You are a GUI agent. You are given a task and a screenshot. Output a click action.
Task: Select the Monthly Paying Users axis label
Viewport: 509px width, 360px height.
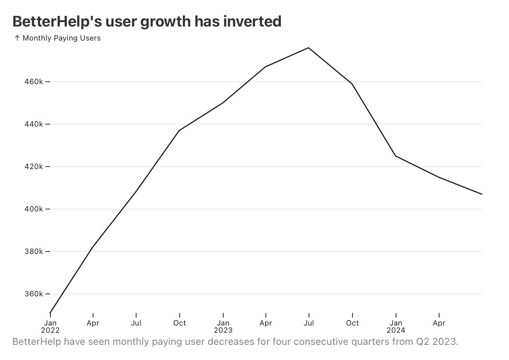coord(62,38)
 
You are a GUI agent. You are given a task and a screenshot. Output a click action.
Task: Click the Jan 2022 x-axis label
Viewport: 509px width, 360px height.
coord(50,326)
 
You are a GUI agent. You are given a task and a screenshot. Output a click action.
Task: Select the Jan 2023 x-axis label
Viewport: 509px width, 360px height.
coord(223,326)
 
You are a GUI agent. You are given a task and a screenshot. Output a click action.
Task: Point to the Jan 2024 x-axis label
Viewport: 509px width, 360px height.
coord(396,326)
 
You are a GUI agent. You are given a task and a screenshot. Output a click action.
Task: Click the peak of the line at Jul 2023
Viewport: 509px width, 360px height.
coord(309,48)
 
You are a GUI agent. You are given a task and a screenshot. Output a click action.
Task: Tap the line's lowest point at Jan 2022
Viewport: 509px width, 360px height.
coord(50,313)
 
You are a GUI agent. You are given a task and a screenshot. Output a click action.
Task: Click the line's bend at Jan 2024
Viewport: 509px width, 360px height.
coord(396,156)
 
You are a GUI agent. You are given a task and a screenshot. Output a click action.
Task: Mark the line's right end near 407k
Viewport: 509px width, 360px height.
coord(481,194)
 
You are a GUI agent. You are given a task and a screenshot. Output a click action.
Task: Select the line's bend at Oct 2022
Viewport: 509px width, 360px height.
coord(179,130)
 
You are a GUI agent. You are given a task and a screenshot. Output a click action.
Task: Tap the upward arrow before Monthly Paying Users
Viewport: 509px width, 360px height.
coord(17,38)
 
